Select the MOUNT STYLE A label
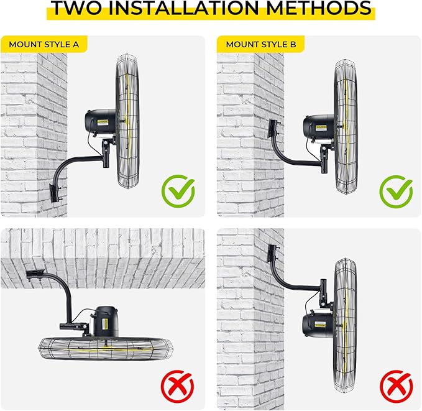pyautogui.click(x=44, y=44)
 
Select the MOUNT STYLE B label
pyautogui.click(x=260, y=44)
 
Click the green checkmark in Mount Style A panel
pyautogui.click(x=178, y=191)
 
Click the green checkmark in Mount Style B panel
pyautogui.click(x=395, y=191)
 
